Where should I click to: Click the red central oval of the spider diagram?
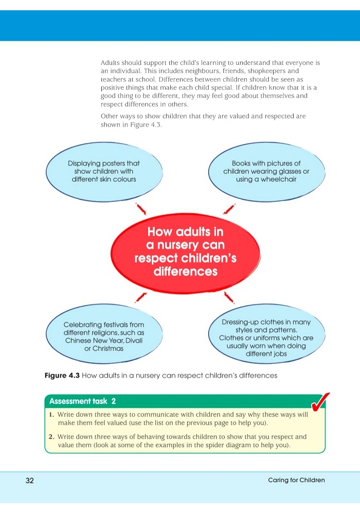tap(186, 253)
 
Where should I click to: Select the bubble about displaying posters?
tap(104, 172)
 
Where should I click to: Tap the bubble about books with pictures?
tap(266, 172)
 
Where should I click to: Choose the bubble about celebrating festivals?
tap(104, 334)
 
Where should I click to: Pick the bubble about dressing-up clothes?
tap(266, 334)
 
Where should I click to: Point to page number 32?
tap(29, 481)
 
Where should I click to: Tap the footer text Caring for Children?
tap(296, 480)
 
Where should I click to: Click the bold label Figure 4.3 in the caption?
tap(62, 375)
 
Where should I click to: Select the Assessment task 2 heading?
tap(82, 401)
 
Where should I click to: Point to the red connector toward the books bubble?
tap(229, 209)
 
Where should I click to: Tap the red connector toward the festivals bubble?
tap(141, 297)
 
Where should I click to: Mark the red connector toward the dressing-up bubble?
tap(228, 297)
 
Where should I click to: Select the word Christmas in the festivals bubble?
tap(108, 348)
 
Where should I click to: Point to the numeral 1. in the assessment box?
tap(51, 415)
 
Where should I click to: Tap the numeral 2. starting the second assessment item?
tap(51, 437)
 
